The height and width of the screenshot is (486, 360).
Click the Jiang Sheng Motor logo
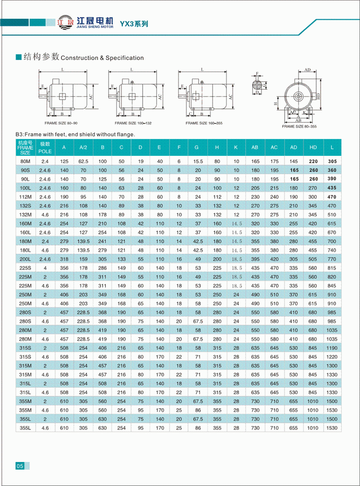84,23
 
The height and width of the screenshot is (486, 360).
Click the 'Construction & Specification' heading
102,58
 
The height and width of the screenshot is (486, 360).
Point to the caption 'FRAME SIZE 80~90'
61,123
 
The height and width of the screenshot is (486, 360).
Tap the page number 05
20,466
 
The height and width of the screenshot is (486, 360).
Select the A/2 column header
83,147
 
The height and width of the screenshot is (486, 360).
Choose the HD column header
312,147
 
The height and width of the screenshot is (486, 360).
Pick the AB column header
254,147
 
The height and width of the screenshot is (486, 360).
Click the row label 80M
25,162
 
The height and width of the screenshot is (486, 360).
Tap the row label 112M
25,197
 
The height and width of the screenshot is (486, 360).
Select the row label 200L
25,259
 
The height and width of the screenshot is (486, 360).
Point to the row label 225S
25,268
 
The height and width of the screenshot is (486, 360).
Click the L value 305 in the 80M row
331,162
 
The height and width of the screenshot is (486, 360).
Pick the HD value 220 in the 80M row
312,162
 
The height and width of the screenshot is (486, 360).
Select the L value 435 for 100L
331,188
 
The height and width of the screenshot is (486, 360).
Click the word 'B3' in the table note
20,135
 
